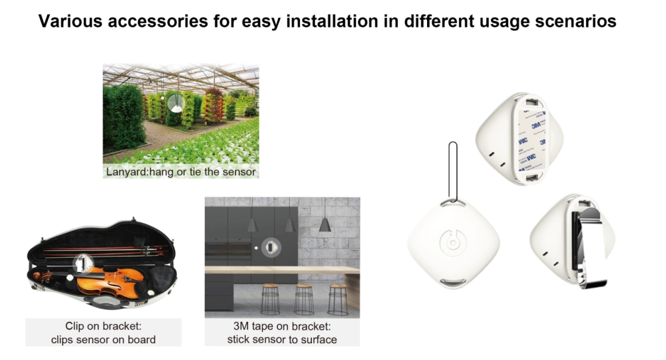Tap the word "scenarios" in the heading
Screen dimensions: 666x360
(576, 21)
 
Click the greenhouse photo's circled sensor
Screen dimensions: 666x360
(176, 103)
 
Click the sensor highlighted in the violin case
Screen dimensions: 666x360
(83, 264)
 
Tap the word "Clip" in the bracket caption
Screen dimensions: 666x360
(75, 326)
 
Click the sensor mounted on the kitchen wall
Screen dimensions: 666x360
(271, 247)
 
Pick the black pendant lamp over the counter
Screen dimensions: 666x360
(325, 225)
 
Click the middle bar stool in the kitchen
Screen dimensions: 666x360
(304, 299)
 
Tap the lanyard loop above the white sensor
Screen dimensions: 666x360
(453, 172)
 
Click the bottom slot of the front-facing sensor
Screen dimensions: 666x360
(453, 282)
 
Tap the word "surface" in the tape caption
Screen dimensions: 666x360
(318, 340)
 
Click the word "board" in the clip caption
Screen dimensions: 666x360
(142, 340)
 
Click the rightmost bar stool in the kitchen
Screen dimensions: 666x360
(338, 299)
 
